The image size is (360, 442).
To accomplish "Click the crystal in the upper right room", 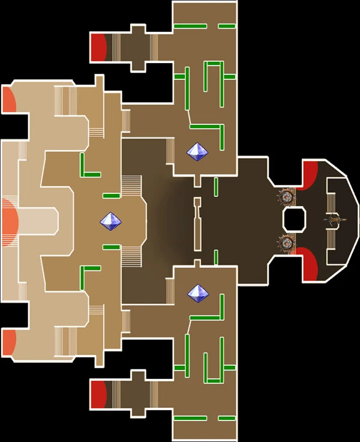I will click(197, 151).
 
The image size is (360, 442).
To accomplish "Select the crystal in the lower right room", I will click(197, 294).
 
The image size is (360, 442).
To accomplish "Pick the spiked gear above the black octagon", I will click(287, 196).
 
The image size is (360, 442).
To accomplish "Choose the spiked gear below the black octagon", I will click(287, 243).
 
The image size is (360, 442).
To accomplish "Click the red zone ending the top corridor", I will click(98, 47).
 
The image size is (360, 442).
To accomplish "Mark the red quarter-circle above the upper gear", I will click(310, 174).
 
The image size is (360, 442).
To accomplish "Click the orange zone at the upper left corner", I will click(9, 100).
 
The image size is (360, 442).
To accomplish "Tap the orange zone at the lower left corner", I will click(9, 342).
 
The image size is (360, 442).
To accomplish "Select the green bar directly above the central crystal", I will click(111, 196).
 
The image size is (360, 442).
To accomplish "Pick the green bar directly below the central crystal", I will click(111, 247).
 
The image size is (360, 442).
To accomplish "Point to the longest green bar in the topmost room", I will click(190, 26).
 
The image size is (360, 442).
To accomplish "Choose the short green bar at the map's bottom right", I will click(226, 418).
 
